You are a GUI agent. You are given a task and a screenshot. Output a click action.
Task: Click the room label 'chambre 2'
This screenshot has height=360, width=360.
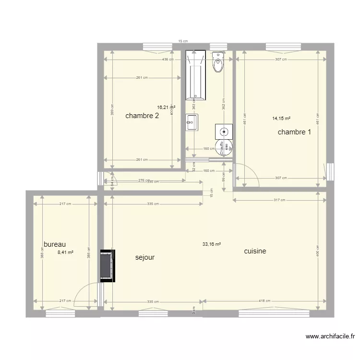click(x=142, y=116)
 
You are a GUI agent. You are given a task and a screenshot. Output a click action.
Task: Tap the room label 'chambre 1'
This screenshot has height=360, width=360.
click(x=294, y=132)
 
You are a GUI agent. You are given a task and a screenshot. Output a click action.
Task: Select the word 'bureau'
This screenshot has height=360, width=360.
click(x=54, y=244)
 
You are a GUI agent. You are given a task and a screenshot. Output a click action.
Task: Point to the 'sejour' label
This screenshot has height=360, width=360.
click(x=145, y=258)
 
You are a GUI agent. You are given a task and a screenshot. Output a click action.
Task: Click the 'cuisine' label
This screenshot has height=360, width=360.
click(x=255, y=251)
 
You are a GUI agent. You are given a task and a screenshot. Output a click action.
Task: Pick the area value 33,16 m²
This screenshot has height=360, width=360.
click(x=211, y=244)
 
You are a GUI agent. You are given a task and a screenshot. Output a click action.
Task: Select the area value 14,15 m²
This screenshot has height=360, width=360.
click(x=281, y=118)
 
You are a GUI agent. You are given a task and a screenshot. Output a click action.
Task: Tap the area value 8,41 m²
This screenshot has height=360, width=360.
click(x=65, y=252)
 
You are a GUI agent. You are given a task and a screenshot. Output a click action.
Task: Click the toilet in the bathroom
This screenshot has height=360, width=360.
click(x=218, y=61)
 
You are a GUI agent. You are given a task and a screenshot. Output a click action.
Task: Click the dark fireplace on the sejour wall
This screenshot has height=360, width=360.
click(x=107, y=265)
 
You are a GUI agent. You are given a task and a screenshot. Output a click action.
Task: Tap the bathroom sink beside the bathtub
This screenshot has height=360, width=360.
click(x=192, y=122)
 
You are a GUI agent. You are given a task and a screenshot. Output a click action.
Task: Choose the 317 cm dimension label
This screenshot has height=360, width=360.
click(x=279, y=200)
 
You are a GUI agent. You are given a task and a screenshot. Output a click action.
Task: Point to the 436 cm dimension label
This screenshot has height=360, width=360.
click(x=168, y=60)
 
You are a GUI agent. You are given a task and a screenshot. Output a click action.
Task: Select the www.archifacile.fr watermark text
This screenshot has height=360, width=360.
click(x=330, y=336)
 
